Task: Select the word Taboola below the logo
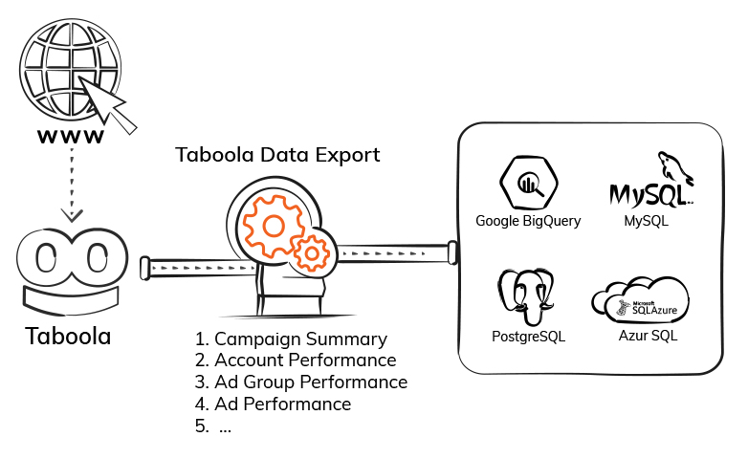click(68, 337)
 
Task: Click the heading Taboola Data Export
click(277, 154)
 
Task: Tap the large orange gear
click(272, 224)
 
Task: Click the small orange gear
click(312, 253)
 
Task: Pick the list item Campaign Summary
click(291, 339)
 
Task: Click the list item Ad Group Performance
click(300, 382)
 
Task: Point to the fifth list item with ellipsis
click(214, 426)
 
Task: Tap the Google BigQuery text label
click(528, 222)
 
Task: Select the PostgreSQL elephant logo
click(527, 298)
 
